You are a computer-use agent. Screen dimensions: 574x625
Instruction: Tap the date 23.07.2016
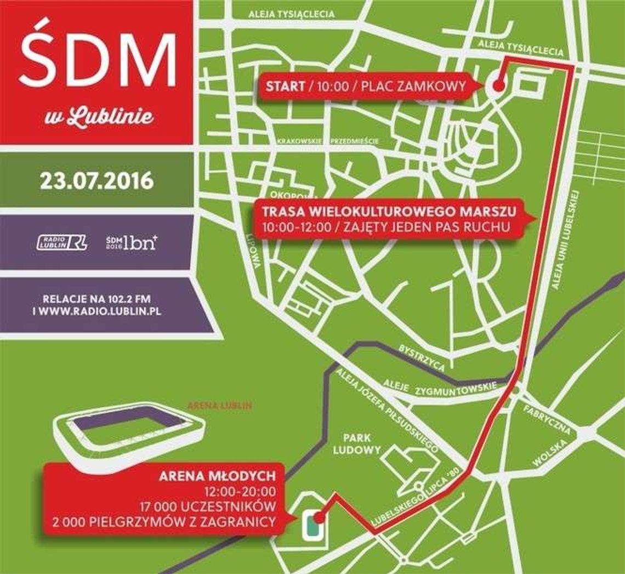coord(96,180)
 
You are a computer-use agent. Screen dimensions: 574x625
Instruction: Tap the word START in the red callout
coord(285,87)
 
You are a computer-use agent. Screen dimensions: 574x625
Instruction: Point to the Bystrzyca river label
coord(422,358)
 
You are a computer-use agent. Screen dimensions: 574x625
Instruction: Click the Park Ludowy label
coord(361,444)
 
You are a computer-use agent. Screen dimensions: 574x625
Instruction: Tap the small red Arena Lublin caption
coord(219,406)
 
